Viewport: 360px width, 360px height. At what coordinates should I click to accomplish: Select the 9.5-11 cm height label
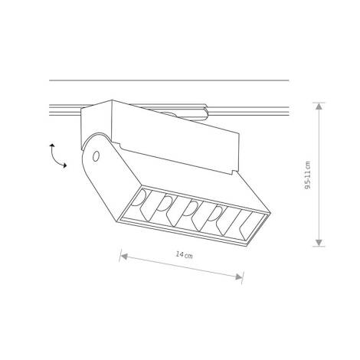[308, 175]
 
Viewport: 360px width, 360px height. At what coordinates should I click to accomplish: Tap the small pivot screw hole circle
[96, 156]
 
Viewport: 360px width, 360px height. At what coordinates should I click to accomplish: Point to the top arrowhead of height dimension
[319, 106]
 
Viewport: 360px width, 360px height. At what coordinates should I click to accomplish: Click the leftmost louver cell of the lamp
[140, 205]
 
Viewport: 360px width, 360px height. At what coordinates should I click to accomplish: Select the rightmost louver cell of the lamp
[247, 226]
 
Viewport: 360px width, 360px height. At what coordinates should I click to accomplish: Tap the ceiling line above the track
[169, 80]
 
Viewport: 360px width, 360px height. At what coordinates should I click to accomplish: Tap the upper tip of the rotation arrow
[51, 144]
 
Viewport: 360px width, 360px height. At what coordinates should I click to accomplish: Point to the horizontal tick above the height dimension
[319, 101]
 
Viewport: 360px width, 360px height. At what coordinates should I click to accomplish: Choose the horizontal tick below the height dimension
[319, 247]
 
